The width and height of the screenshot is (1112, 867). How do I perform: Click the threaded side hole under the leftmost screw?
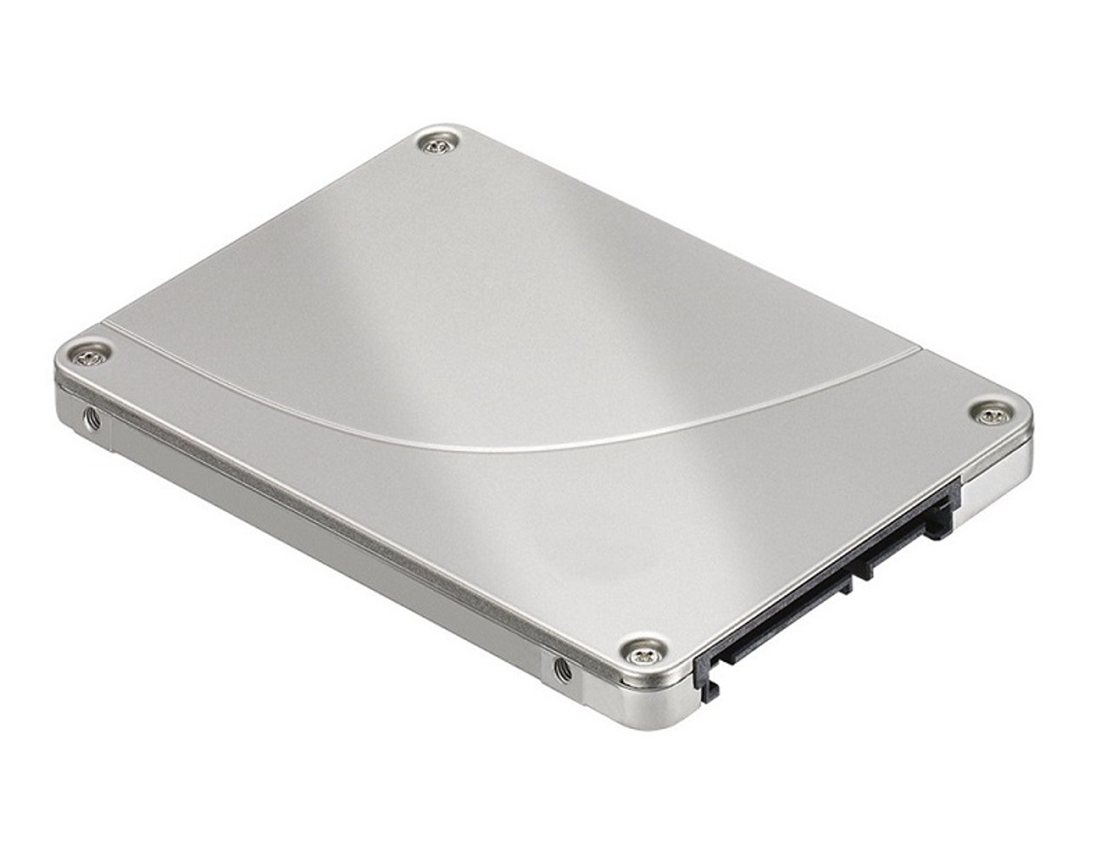point(91,420)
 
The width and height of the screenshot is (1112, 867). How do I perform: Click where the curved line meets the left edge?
point(104,328)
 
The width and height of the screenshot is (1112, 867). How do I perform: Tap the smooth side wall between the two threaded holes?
point(330,556)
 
